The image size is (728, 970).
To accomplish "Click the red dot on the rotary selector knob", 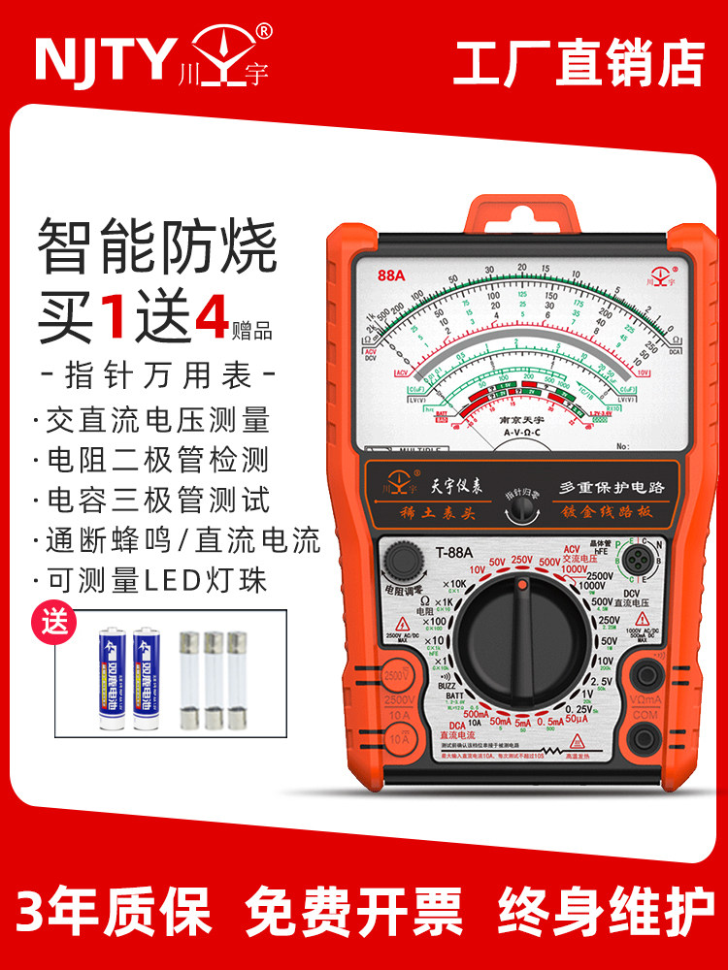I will point(522,586).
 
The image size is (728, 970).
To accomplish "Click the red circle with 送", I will point(56,622).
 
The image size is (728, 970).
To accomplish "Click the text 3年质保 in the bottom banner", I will point(115,912).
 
